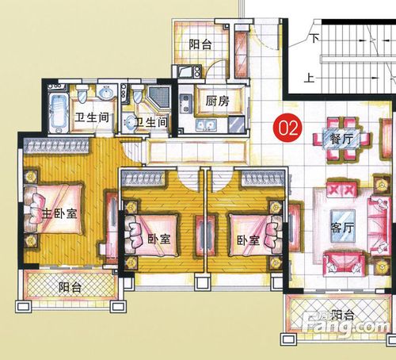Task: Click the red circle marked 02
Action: (x=287, y=128)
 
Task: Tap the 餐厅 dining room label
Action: (x=341, y=138)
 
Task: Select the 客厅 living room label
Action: (x=342, y=228)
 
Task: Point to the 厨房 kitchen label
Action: (x=217, y=101)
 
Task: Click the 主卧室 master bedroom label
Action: (x=59, y=213)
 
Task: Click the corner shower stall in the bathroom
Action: (x=158, y=97)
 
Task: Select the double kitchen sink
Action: (x=207, y=124)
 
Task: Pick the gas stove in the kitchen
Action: (x=186, y=105)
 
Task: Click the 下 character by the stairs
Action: (x=314, y=38)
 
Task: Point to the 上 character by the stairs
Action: (x=309, y=78)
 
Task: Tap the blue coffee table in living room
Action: (x=343, y=226)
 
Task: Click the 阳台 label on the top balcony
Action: (x=200, y=44)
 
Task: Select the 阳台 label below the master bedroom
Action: (x=70, y=287)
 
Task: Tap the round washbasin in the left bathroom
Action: (x=106, y=93)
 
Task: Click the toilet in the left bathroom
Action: (x=82, y=94)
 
